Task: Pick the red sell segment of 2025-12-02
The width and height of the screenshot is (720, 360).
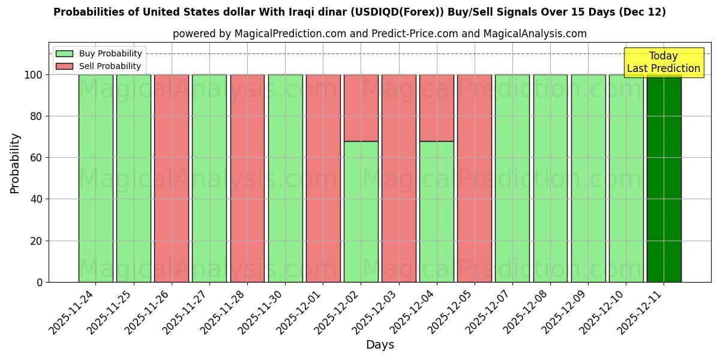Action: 361,108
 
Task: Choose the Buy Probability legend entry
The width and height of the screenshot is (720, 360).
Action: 99,53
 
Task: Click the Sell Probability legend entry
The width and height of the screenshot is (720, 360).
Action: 99,66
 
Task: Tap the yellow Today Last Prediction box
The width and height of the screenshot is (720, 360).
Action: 663,62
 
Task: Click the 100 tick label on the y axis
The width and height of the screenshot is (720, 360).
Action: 34,75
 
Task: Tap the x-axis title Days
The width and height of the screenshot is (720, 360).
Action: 380,345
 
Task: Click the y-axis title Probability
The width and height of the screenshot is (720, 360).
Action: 15,163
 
